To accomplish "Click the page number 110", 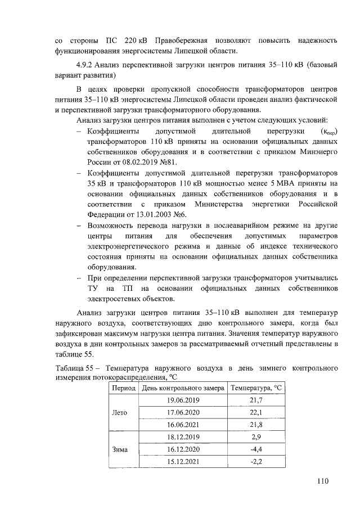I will pyautogui.click(x=322, y=481).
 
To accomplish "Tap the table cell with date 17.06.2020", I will pyautogui.click(x=183, y=412).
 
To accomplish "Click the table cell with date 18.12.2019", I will pyautogui.click(x=183, y=437).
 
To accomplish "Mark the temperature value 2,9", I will pyautogui.click(x=256, y=437).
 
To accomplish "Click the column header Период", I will pyautogui.click(x=123, y=388).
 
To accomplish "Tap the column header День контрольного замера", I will pyautogui.click(x=183, y=388).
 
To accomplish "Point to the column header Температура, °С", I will pyautogui.click(x=256, y=388).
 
